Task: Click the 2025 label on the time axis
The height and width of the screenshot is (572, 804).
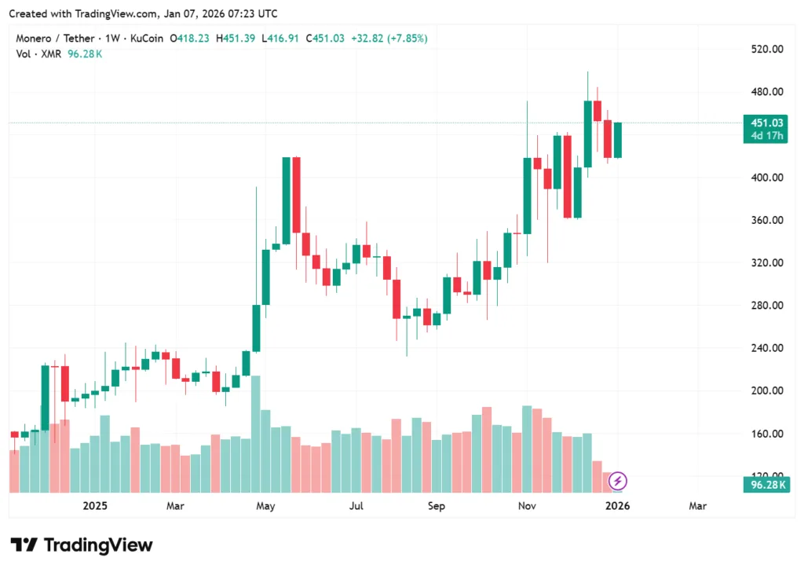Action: (94, 506)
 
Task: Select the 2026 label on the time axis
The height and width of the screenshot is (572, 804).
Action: (617, 506)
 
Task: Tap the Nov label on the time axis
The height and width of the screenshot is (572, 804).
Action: (527, 506)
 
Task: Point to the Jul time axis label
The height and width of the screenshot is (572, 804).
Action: (356, 506)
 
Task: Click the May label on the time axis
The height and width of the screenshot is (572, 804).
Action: (265, 506)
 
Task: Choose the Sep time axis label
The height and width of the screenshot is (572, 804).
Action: (437, 506)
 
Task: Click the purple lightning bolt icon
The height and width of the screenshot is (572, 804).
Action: (618, 480)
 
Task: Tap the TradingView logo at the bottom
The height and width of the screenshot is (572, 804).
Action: (81, 545)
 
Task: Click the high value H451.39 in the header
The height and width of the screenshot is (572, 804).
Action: (239, 38)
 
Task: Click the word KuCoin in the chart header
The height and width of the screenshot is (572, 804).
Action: (148, 38)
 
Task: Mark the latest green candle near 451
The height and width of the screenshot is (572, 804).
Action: (618, 140)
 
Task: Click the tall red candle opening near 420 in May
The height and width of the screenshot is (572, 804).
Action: (296, 195)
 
